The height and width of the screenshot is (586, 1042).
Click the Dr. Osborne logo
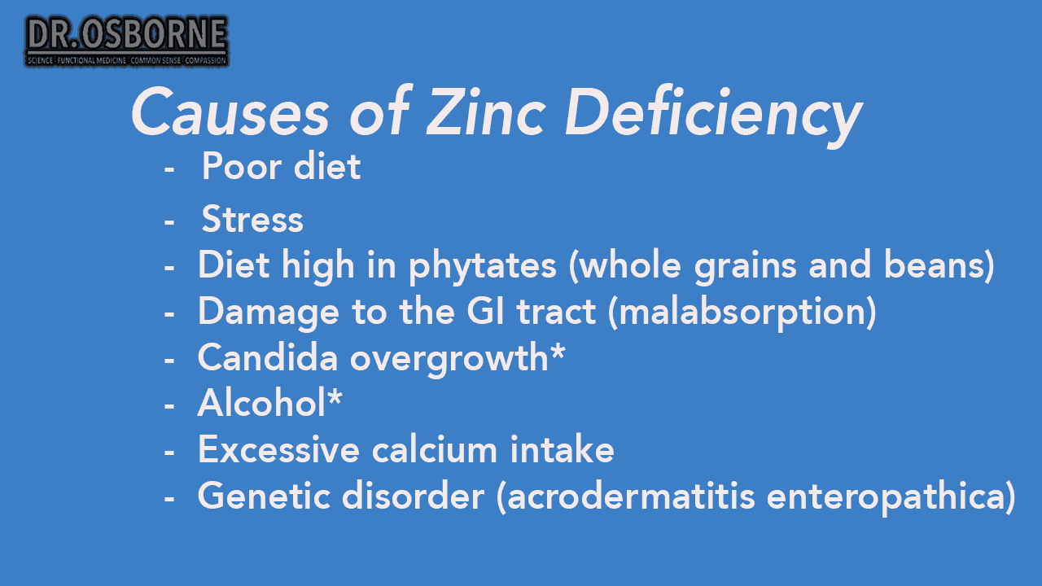pos(127,41)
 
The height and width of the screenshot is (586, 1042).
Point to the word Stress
pos(252,220)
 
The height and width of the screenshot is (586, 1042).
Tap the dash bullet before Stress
pos(169,221)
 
